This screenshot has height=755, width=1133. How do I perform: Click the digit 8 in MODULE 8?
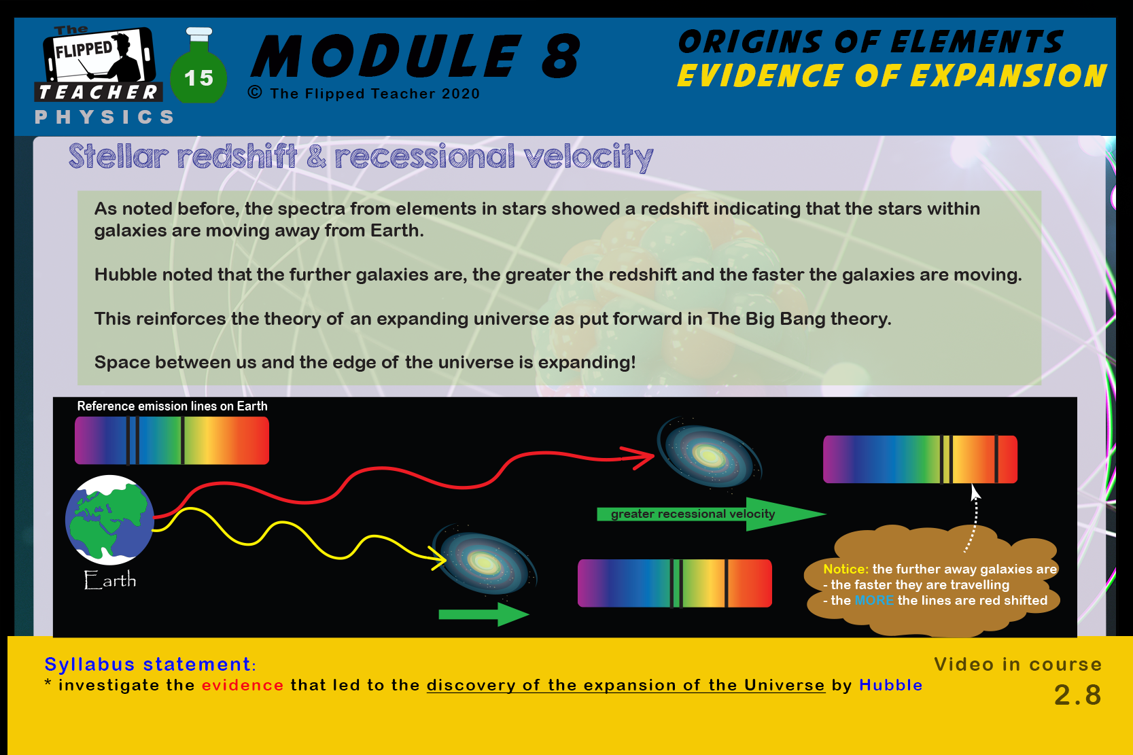(x=561, y=56)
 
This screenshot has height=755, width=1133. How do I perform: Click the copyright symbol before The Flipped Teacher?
(x=255, y=92)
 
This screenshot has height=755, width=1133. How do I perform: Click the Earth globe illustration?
(x=109, y=519)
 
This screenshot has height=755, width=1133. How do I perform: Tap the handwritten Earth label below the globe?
(x=110, y=580)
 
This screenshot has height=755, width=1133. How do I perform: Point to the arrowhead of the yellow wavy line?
(x=437, y=558)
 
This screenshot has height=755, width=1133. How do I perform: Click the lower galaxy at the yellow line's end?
(x=485, y=561)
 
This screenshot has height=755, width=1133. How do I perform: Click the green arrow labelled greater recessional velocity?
(x=711, y=514)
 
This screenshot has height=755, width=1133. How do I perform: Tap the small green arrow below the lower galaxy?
(x=483, y=614)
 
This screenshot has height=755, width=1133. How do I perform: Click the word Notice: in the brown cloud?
(x=846, y=569)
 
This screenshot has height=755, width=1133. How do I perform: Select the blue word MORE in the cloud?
(x=874, y=600)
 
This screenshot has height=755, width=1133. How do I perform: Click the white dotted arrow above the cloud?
(x=974, y=519)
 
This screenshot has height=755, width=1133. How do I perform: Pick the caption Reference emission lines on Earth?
(x=172, y=406)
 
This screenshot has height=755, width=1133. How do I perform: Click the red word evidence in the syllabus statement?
(x=243, y=685)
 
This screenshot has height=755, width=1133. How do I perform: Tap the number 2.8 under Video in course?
(x=1078, y=695)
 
